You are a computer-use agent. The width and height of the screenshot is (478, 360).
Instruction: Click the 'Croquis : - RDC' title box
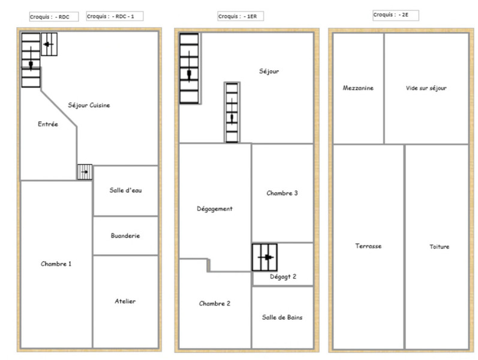point(54,16)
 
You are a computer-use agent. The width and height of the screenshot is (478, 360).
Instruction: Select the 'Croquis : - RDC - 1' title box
point(115,16)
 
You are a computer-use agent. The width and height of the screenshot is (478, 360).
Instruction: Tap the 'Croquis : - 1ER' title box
point(240,16)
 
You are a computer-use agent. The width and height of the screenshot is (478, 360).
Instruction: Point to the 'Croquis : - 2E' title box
point(396,14)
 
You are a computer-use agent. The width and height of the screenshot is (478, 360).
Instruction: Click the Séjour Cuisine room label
point(89,105)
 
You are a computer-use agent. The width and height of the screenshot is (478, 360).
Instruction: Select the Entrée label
point(48,124)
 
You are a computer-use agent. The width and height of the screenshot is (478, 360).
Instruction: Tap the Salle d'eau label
point(125,190)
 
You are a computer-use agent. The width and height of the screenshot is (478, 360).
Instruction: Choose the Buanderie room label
point(125,236)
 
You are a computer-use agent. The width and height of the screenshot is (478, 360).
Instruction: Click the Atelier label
point(125,301)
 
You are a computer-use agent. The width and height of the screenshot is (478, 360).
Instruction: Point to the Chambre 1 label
point(56,263)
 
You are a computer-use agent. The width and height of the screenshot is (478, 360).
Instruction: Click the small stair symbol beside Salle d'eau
point(85,172)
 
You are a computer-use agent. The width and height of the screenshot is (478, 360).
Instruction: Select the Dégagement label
point(215,209)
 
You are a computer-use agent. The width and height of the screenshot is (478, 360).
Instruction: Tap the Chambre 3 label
point(282,193)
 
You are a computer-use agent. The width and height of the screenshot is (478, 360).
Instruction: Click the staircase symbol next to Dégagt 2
point(264,257)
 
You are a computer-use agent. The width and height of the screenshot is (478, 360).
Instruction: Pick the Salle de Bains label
point(282,317)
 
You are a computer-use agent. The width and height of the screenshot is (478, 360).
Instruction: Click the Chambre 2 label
point(215,303)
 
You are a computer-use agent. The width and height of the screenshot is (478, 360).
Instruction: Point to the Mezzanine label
point(358,88)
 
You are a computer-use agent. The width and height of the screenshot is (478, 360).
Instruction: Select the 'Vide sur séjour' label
point(426,88)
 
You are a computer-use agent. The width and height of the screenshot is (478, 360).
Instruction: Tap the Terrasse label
point(368,246)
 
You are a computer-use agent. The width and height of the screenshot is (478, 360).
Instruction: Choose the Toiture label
point(439,247)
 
